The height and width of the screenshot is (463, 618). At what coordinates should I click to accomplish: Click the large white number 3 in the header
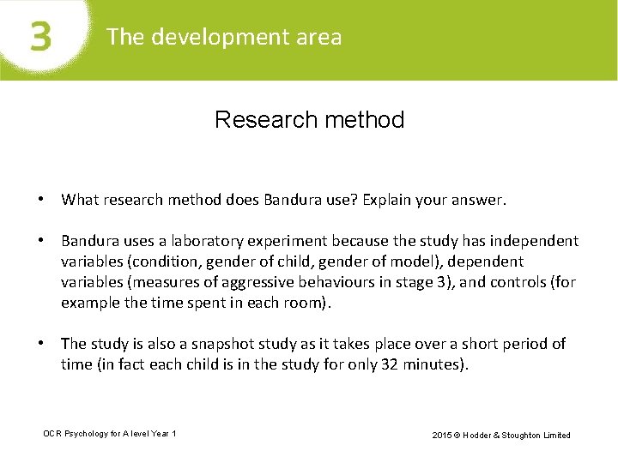click(x=40, y=38)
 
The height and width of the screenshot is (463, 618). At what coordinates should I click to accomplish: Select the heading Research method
click(x=309, y=119)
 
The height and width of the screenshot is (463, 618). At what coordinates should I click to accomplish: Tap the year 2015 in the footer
click(x=442, y=435)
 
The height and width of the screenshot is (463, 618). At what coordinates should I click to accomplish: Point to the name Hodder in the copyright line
click(x=481, y=435)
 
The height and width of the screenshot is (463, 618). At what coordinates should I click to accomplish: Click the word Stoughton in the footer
click(x=527, y=435)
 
